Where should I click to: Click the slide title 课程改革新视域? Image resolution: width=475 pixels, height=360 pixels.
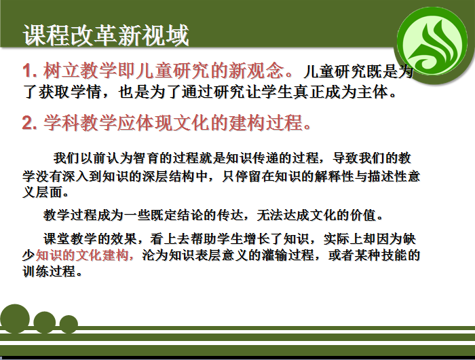click(106, 35)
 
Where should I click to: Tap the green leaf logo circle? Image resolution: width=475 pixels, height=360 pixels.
click(432, 42)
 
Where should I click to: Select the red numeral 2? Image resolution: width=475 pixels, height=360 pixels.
click(29, 123)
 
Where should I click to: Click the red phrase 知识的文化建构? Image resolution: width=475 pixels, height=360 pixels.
click(82, 255)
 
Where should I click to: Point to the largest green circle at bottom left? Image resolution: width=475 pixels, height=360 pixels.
click(15, 319)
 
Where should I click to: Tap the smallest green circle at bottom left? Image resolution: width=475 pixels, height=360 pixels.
click(69, 324)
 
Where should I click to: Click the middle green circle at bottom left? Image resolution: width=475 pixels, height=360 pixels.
click(45, 323)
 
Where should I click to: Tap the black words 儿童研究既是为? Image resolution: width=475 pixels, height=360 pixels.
click(358, 71)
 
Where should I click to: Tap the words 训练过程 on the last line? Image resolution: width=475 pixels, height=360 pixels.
click(49, 271)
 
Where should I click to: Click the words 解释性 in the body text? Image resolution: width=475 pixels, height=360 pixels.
click(334, 176)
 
